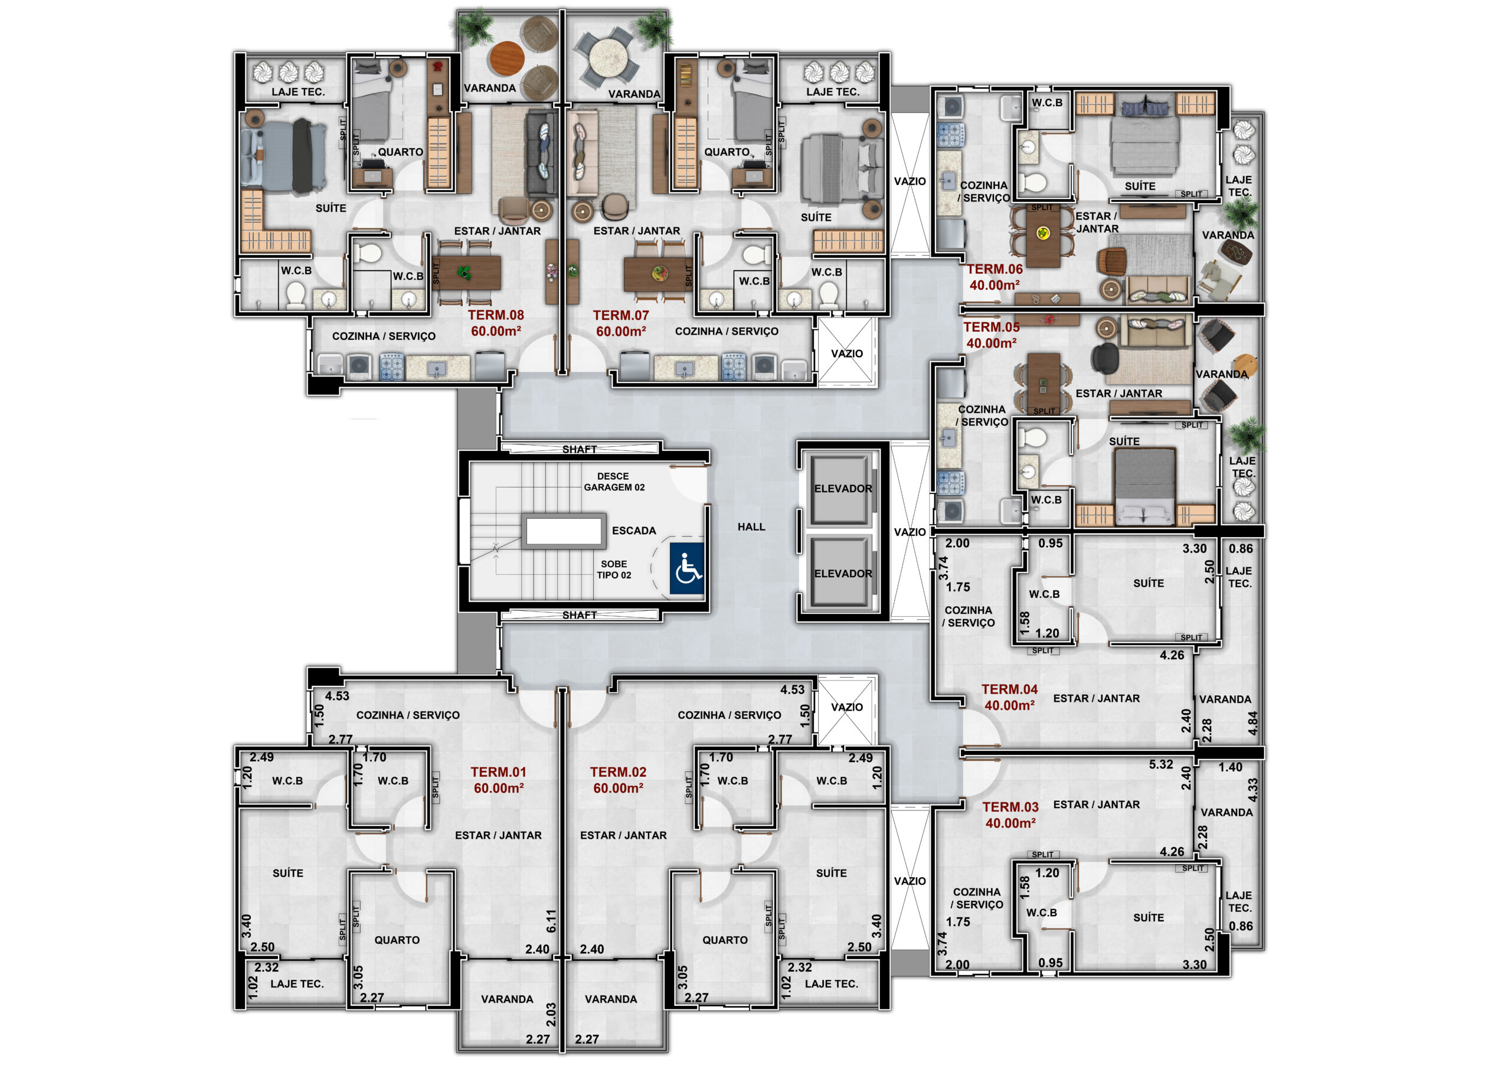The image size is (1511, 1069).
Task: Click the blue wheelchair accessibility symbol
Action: pyautogui.click(x=687, y=568)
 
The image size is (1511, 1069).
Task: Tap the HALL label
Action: pyautogui.click(x=751, y=527)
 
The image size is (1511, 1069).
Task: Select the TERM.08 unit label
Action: pyautogui.click(x=496, y=315)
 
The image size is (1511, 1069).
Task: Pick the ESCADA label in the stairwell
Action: pyautogui.click(x=634, y=531)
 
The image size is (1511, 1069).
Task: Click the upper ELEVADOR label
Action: pyautogui.click(x=843, y=488)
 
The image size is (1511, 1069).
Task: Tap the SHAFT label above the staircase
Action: pyautogui.click(x=579, y=450)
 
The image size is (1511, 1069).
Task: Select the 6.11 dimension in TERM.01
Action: pyautogui.click(x=551, y=921)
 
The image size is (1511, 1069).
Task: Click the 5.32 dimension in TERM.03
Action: pyautogui.click(x=1161, y=764)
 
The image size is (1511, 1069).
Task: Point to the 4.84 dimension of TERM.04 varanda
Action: pyautogui.click(x=1252, y=723)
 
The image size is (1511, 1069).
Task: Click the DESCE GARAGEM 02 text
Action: pyautogui.click(x=614, y=482)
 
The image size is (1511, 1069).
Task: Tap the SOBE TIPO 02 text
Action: pyautogui.click(x=614, y=570)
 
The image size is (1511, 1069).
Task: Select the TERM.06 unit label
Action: pyautogui.click(x=995, y=269)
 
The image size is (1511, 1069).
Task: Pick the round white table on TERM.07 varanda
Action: pyautogui.click(x=609, y=57)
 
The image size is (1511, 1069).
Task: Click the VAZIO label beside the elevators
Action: pyautogui.click(x=910, y=532)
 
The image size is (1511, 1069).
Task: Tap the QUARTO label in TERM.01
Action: pyautogui.click(x=397, y=940)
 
